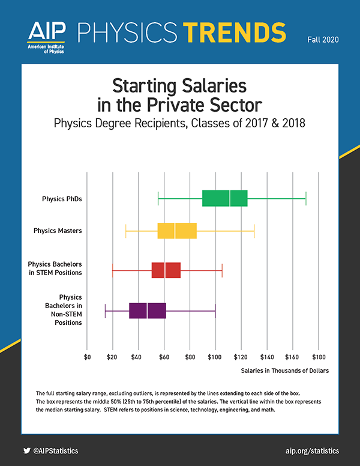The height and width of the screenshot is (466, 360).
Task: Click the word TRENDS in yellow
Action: tap(235, 32)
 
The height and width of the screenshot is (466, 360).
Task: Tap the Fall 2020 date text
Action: tap(323, 40)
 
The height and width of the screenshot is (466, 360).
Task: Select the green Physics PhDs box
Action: tap(225, 198)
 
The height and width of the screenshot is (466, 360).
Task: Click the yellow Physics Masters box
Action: tap(177, 231)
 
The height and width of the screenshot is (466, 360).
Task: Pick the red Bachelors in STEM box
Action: tap(166, 270)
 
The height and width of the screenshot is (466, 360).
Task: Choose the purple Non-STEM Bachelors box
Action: tap(148, 310)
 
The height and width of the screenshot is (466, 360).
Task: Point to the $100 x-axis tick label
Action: tap(215, 357)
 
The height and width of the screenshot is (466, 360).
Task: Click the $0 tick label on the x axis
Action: tap(87, 357)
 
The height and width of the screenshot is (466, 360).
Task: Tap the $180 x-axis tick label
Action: tap(319, 357)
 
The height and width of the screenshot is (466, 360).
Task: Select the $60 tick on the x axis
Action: tap(164, 357)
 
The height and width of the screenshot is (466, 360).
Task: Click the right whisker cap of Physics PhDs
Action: tap(306, 199)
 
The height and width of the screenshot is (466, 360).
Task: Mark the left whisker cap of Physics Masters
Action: tap(126, 231)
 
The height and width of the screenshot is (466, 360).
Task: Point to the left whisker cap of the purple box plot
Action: tap(105, 311)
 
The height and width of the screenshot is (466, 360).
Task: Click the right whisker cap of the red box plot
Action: tap(222, 270)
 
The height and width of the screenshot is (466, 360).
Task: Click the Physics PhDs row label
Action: tap(62, 199)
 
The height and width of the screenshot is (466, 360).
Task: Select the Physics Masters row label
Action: tap(58, 231)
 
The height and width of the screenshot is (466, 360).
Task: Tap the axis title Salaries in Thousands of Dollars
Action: tap(285, 371)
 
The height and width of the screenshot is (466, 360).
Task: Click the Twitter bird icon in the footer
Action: tap(27, 450)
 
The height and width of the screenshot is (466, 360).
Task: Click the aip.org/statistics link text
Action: tap(312, 451)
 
